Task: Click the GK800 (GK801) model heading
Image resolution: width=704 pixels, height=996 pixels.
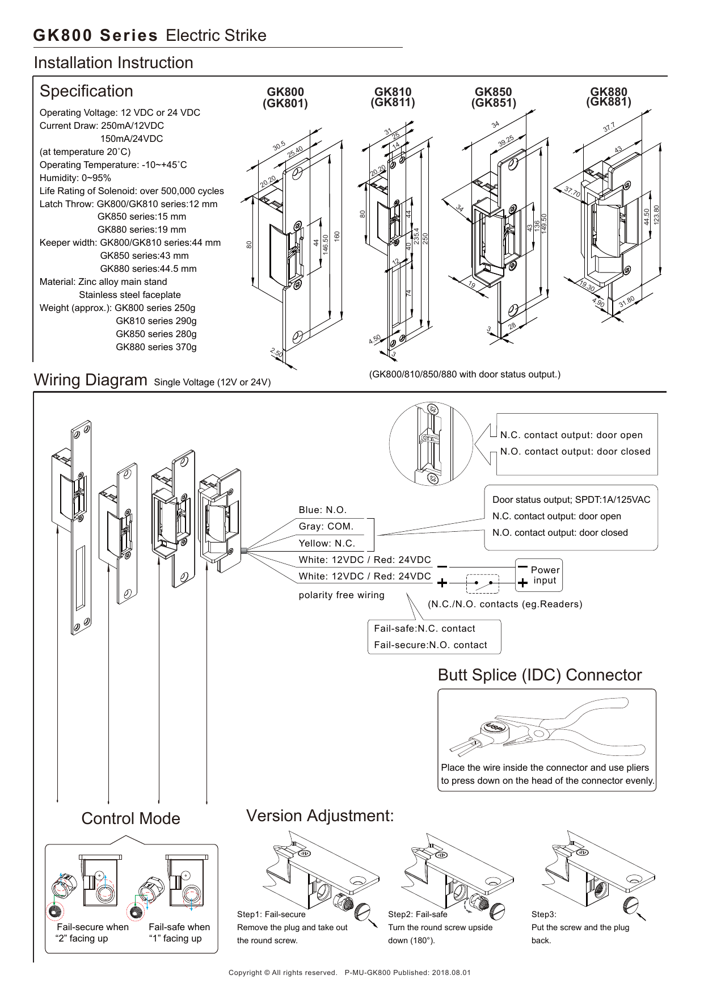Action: [x=285, y=98]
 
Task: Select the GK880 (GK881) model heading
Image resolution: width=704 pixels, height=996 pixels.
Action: [x=608, y=97]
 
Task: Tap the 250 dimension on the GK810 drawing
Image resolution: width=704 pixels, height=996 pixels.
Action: [x=425, y=238]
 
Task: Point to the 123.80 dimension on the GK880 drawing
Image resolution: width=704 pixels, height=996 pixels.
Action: [x=656, y=216]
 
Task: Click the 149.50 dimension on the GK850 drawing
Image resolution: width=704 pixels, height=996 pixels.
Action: [x=544, y=224]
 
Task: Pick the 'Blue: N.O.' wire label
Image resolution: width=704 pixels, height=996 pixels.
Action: [x=322, y=510]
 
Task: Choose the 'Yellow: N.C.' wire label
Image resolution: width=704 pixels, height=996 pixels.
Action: [x=327, y=544]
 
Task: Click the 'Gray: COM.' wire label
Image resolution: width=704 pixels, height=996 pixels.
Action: [x=326, y=527]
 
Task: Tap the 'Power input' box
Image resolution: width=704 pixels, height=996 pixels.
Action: [x=538, y=575]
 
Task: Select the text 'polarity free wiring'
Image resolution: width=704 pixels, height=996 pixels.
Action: [x=342, y=595]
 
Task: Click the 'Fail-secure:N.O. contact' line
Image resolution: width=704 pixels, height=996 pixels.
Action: [x=430, y=645]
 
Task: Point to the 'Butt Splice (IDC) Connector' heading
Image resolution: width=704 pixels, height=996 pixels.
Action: [x=539, y=675]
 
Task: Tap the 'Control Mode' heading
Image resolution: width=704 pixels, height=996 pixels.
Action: [x=130, y=819]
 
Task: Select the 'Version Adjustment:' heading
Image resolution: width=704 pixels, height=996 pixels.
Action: [x=320, y=816]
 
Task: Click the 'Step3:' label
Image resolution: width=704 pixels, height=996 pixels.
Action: [x=543, y=914]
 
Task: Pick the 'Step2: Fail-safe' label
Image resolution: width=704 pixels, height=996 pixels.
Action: [x=418, y=914]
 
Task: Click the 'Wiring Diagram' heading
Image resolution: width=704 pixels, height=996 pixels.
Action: [x=91, y=380]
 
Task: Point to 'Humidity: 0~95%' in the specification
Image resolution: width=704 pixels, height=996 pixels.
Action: [x=75, y=178]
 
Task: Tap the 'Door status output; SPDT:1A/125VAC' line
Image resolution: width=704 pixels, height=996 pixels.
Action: [x=571, y=500]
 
